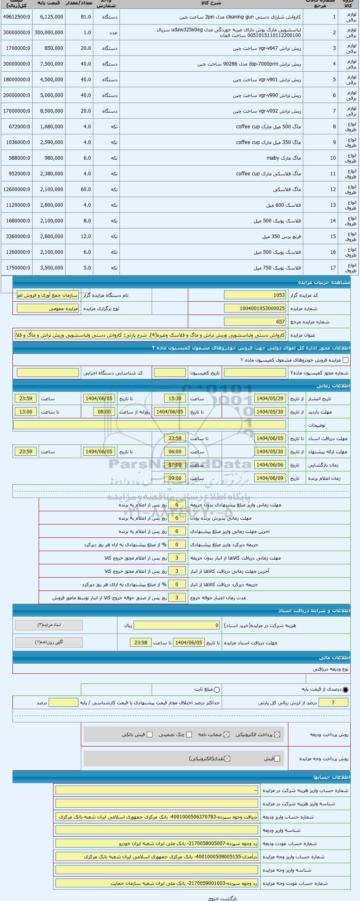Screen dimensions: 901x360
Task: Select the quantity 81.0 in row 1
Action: pos(86,17)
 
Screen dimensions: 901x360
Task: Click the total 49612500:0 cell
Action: pos(16,17)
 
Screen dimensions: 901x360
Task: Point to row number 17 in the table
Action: pos(333,268)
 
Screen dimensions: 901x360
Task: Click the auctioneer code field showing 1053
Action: pos(255,295)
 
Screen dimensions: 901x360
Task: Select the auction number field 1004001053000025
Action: pos(255,309)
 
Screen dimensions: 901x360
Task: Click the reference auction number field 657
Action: pos(255,322)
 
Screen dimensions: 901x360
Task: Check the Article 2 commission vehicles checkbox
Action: pos(345,360)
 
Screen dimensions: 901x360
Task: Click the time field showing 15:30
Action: pos(175,399)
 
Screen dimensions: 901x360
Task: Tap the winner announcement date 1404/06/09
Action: pos(269,478)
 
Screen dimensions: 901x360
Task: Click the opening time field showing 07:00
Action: pos(175,465)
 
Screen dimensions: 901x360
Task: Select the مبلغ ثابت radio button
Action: pos(217,690)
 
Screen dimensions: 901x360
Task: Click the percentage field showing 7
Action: pos(333,703)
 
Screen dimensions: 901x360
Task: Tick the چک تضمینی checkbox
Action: pos(189,734)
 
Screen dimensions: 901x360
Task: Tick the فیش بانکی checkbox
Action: pos(150,734)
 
